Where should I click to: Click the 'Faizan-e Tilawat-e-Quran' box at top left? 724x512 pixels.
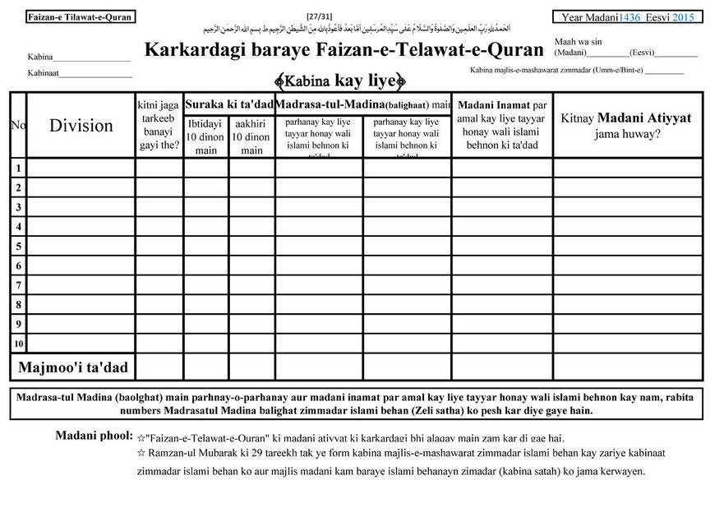(x=79, y=16)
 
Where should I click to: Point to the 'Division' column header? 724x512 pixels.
(x=81, y=125)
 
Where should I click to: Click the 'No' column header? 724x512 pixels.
(x=18, y=125)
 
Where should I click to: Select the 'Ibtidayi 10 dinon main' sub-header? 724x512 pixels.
(x=205, y=137)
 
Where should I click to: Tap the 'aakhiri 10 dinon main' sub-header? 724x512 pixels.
(x=251, y=137)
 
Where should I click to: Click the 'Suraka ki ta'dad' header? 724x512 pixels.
(x=228, y=104)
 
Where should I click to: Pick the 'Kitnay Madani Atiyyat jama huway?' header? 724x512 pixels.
(x=627, y=125)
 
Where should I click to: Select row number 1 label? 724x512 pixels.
(x=18, y=168)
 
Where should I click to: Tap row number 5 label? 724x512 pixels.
(x=18, y=246)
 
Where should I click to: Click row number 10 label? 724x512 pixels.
(x=18, y=344)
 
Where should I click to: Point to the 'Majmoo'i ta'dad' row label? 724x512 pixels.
(x=73, y=367)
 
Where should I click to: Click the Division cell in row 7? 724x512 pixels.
(x=81, y=285)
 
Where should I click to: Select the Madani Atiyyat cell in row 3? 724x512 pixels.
(x=627, y=206)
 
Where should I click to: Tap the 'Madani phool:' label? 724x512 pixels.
(x=94, y=435)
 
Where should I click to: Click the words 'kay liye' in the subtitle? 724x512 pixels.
(x=365, y=81)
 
